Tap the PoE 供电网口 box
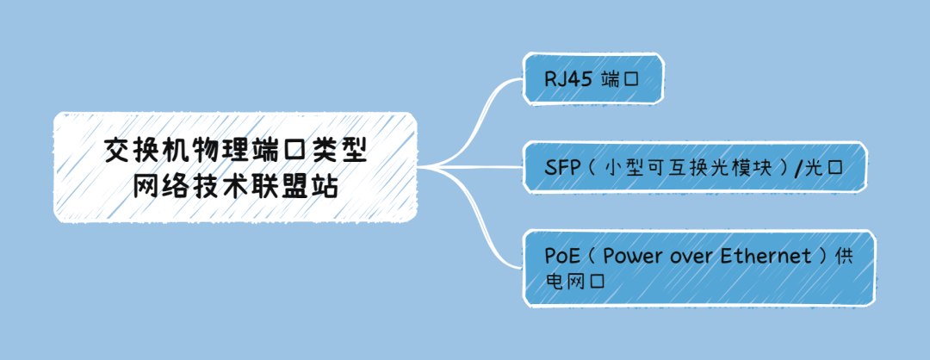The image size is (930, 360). pyautogui.click(x=698, y=268)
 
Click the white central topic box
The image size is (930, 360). pyautogui.click(x=235, y=165)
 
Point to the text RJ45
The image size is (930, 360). pyautogui.click(x=565, y=80)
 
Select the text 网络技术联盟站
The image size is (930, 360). pyautogui.click(x=235, y=184)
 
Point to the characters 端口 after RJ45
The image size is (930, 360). pyautogui.click(x=621, y=80)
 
